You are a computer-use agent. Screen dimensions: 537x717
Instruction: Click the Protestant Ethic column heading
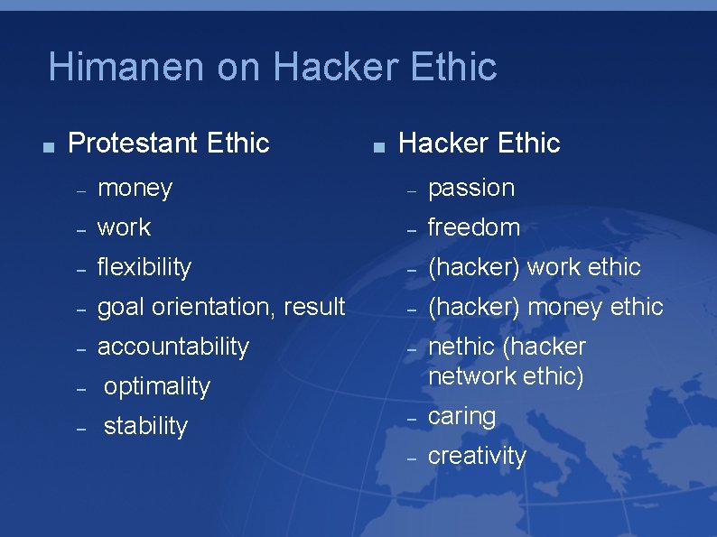[x=169, y=143]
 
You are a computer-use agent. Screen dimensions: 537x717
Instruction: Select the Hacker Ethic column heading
[x=479, y=143]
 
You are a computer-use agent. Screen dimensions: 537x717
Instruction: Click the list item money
[x=135, y=188]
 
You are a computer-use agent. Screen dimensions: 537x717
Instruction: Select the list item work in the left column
[x=124, y=227]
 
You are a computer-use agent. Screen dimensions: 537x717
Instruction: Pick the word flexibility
[x=144, y=267]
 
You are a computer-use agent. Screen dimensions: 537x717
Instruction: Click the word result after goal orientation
[x=314, y=307]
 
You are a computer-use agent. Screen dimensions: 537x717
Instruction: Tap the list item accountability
[x=172, y=347]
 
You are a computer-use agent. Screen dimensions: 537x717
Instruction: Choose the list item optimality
[x=156, y=386]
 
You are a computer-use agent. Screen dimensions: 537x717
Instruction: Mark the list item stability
[x=145, y=426]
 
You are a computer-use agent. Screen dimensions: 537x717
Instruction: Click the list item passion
[x=470, y=188]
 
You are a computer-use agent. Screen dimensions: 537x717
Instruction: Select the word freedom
[x=473, y=227]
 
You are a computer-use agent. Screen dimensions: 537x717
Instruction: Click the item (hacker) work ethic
[x=534, y=267]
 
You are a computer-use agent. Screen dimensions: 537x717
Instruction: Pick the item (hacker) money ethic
[x=545, y=307]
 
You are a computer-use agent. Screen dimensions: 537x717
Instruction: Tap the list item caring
[x=461, y=416]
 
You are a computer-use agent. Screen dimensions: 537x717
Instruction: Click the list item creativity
[x=477, y=456]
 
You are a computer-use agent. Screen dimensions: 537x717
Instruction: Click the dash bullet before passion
[x=411, y=190]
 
